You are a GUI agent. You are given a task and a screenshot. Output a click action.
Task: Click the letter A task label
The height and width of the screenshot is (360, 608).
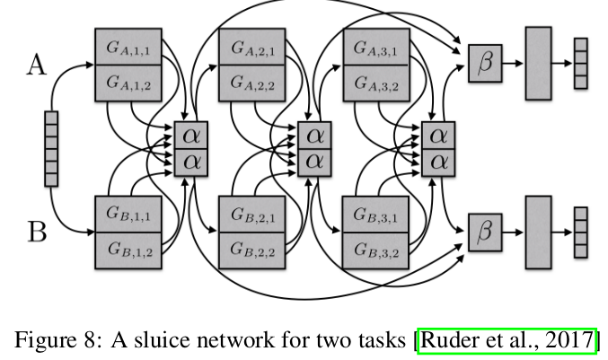pos(36,64)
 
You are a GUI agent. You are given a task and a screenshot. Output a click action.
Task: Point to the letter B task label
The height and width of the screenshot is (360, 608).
pos(36,233)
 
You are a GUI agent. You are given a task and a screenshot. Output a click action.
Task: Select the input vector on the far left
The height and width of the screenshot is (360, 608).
pos(52,148)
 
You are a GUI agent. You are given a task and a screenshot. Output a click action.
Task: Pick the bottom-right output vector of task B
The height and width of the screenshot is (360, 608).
pos(580,231)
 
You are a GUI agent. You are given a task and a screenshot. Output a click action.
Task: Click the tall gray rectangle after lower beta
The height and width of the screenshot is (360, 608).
pos(537,231)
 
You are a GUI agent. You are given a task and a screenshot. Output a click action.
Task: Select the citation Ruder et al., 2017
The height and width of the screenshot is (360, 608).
pos(507,339)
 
